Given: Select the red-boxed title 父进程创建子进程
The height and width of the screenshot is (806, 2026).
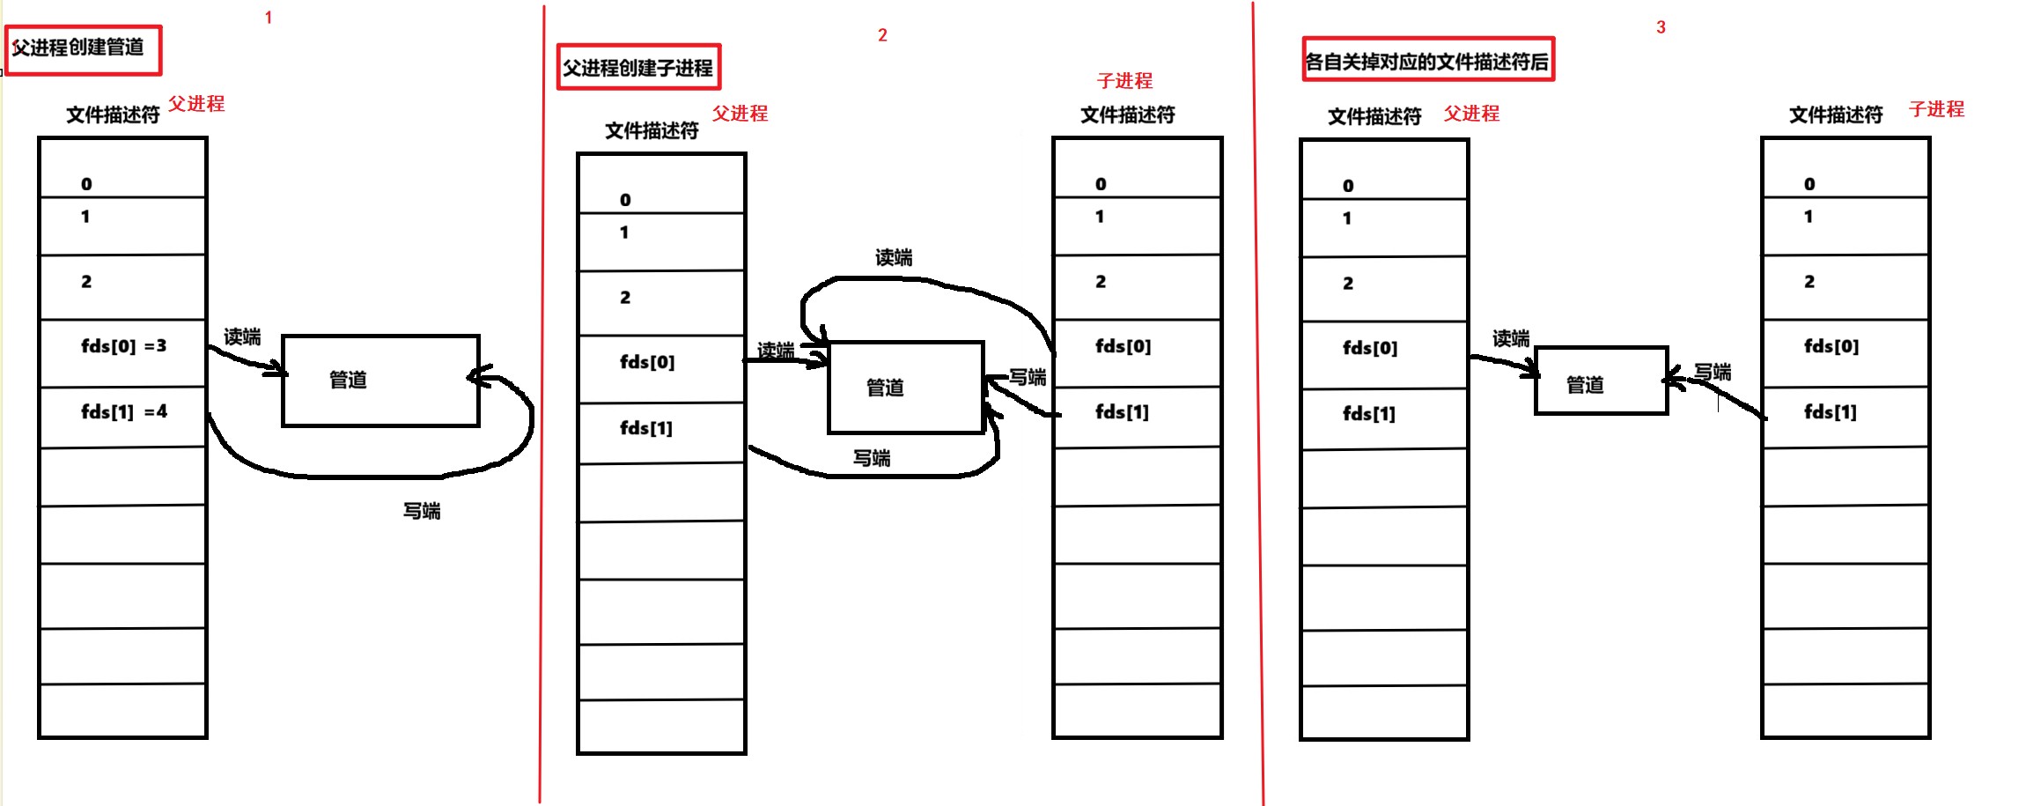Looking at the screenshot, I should pyautogui.click(x=638, y=68).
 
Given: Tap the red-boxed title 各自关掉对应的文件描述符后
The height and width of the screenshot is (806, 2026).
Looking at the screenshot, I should pyautogui.click(x=1427, y=61).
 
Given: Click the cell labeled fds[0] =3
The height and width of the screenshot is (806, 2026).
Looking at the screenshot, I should pyautogui.click(x=123, y=347).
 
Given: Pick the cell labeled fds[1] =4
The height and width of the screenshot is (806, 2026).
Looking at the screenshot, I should pyautogui.click(x=123, y=412).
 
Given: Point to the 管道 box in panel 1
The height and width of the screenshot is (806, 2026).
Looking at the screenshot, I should pyautogui.click(x=380, y=381).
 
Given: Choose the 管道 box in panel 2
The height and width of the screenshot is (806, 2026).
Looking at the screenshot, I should pyautogui.click(x=905, y=388).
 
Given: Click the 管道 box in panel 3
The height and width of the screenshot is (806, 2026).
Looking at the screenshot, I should pyautogui.click(x=1601, y=381).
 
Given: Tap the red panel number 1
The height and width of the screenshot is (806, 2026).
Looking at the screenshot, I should pyautogui.click(x=269, y=18).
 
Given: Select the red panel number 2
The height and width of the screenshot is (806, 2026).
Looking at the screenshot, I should pyautogui.click(x=882, y=35).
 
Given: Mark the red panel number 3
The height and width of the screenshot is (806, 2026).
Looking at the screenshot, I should pyautogui.click(x=1661, y=27).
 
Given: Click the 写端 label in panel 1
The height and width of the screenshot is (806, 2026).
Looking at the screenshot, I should pyautogui.click(x=422, y=511).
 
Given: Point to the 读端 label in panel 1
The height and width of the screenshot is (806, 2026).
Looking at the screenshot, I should pyautogui.click(x=242, y=337).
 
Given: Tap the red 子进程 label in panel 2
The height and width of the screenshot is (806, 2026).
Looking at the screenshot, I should pyautogui.click(x=1124, y=81).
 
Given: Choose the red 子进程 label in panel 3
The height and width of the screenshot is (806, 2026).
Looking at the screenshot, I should pyautogui.click(x=1936, y=109).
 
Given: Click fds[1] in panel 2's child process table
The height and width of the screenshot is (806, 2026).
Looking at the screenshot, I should pyautogui.click(x=1122, y=412).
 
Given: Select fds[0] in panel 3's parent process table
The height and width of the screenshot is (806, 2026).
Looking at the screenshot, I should pyautogui.click(x=1370, y=348).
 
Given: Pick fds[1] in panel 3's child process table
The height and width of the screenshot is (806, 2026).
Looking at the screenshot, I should pyautogui.click(x=1831, y=412).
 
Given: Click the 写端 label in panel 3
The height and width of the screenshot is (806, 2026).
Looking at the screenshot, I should pyautogui.click(x=1713, y=373).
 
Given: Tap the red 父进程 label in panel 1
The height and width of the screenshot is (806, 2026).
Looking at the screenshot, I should pyautogui.click(x=196, y=104).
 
